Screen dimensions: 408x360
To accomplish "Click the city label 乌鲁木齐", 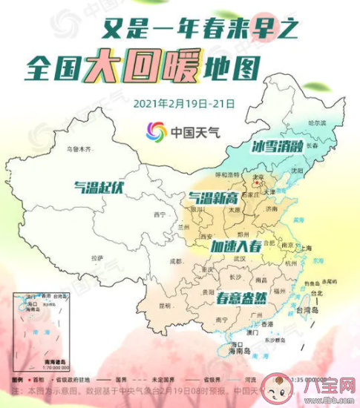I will (79, 150).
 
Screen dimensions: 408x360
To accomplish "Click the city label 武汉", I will (238, 259).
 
